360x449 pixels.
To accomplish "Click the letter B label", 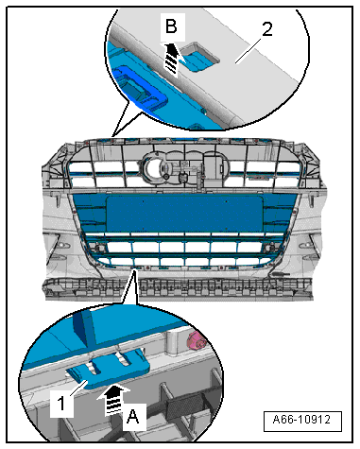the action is click(x=171, y=26).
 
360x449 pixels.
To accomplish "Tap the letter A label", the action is click(x=133, y=417).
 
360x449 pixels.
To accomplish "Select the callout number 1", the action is click(x=62, y=404).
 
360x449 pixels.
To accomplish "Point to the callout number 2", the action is click(x=266, y=29).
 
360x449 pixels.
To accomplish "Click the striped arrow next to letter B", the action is click(x=171, y=60).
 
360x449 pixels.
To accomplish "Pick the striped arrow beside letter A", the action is click(x=113, y=401).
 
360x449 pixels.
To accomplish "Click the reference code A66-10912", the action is click(x=301, y=420).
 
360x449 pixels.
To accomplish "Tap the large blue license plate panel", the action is click(x=184, y=214).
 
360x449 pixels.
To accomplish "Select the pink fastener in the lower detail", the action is click(x=196, y=341).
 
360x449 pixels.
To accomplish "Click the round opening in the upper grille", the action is click(x=154, y=168).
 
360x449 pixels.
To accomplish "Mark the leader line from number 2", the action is click(x=249, y=50).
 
